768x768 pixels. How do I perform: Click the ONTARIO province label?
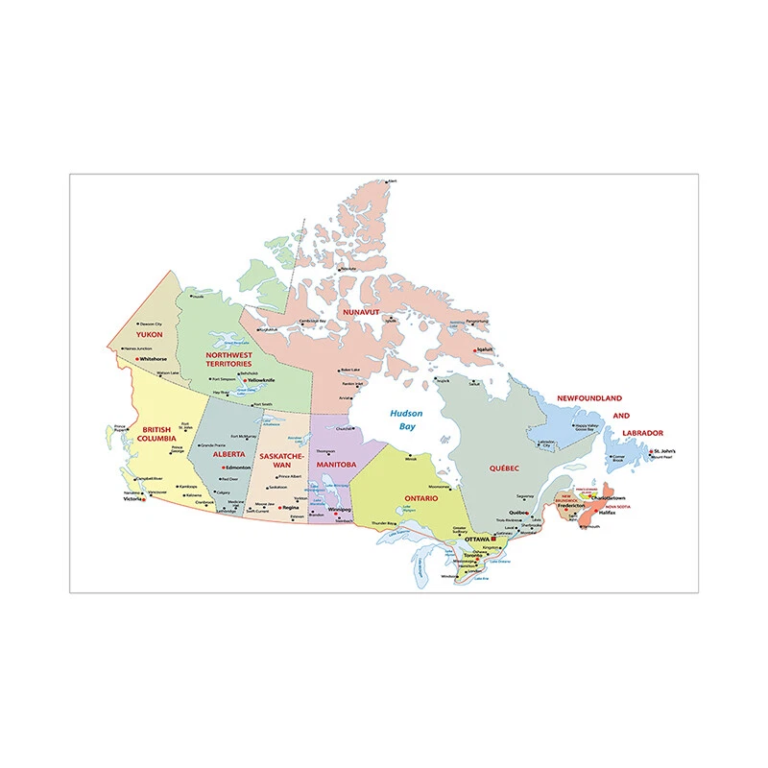coord(420,498)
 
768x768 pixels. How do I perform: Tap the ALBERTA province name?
coord(229,454)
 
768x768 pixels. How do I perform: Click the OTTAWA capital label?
coord(477,540)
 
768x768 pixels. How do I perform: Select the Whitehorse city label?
coord(153,358)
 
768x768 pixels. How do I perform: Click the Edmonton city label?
coord(236,468)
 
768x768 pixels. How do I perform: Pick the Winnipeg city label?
coord(340,509)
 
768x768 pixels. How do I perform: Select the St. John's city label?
coord(664,450)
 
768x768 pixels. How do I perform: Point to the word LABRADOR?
coord(641,433)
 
